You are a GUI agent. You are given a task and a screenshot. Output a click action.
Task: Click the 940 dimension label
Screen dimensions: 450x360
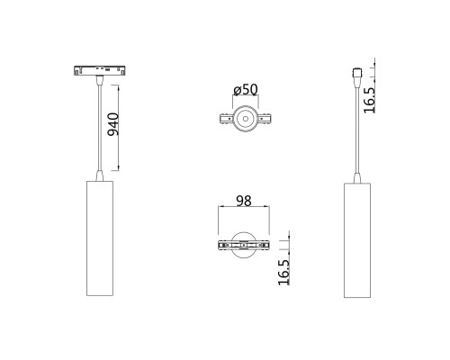point(113,124)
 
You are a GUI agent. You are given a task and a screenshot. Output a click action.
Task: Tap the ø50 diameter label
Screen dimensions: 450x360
point(246,89)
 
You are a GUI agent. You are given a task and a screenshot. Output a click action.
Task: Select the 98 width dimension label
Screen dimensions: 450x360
point(244,201)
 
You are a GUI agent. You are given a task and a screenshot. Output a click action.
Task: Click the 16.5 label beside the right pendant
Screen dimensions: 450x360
point(370,101)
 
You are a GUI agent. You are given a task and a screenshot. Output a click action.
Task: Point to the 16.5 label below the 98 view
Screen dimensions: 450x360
point(283,273)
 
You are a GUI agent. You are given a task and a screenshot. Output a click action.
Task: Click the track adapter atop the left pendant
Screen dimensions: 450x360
point(100,70)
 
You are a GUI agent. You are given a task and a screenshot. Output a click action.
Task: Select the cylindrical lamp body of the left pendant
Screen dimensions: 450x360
point(100,238)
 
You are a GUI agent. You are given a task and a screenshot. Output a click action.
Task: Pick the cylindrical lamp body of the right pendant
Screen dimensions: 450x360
point(357,240)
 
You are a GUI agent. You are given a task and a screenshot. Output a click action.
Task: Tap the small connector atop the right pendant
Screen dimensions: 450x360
point(357,73)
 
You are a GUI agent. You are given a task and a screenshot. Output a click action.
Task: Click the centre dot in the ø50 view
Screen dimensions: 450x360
point(246,119)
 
